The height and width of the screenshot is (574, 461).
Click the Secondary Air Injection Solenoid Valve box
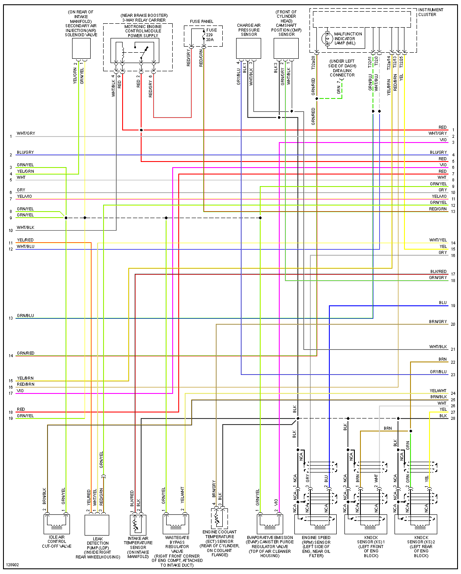pyautogui.click(x=81, y=48)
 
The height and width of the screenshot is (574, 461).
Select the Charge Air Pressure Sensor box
pyautogui.click(x=249, y=48)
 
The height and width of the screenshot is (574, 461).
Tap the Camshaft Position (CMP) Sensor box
pyautogui.click(x=286, y=48)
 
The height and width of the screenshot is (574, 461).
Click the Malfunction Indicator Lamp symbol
pyautogui.click(x=327, y=38)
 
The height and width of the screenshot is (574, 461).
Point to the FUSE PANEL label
pyautogui.click(x=202, y=22)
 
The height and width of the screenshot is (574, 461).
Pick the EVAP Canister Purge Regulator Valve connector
pyautogui.click(x=270, y=523)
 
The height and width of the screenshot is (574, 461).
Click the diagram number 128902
pyautogui.click(x=13, y=565)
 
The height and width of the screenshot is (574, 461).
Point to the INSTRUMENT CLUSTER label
pyautogui.click(x=430, y=12)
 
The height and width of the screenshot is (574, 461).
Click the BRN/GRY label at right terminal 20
pyautogui.click(x=438, y=322)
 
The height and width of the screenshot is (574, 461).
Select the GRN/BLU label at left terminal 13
pyautogui.click(x=25, y=316)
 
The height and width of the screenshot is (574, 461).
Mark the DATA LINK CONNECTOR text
pyautogui.click(x=342, y=73)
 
